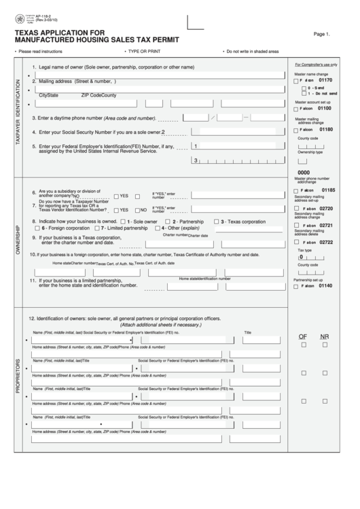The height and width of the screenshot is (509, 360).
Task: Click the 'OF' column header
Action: tap(304, 336)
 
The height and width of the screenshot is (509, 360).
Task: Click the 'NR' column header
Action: tap(325, 336)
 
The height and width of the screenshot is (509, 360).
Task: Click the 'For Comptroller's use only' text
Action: tap(316, 64)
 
